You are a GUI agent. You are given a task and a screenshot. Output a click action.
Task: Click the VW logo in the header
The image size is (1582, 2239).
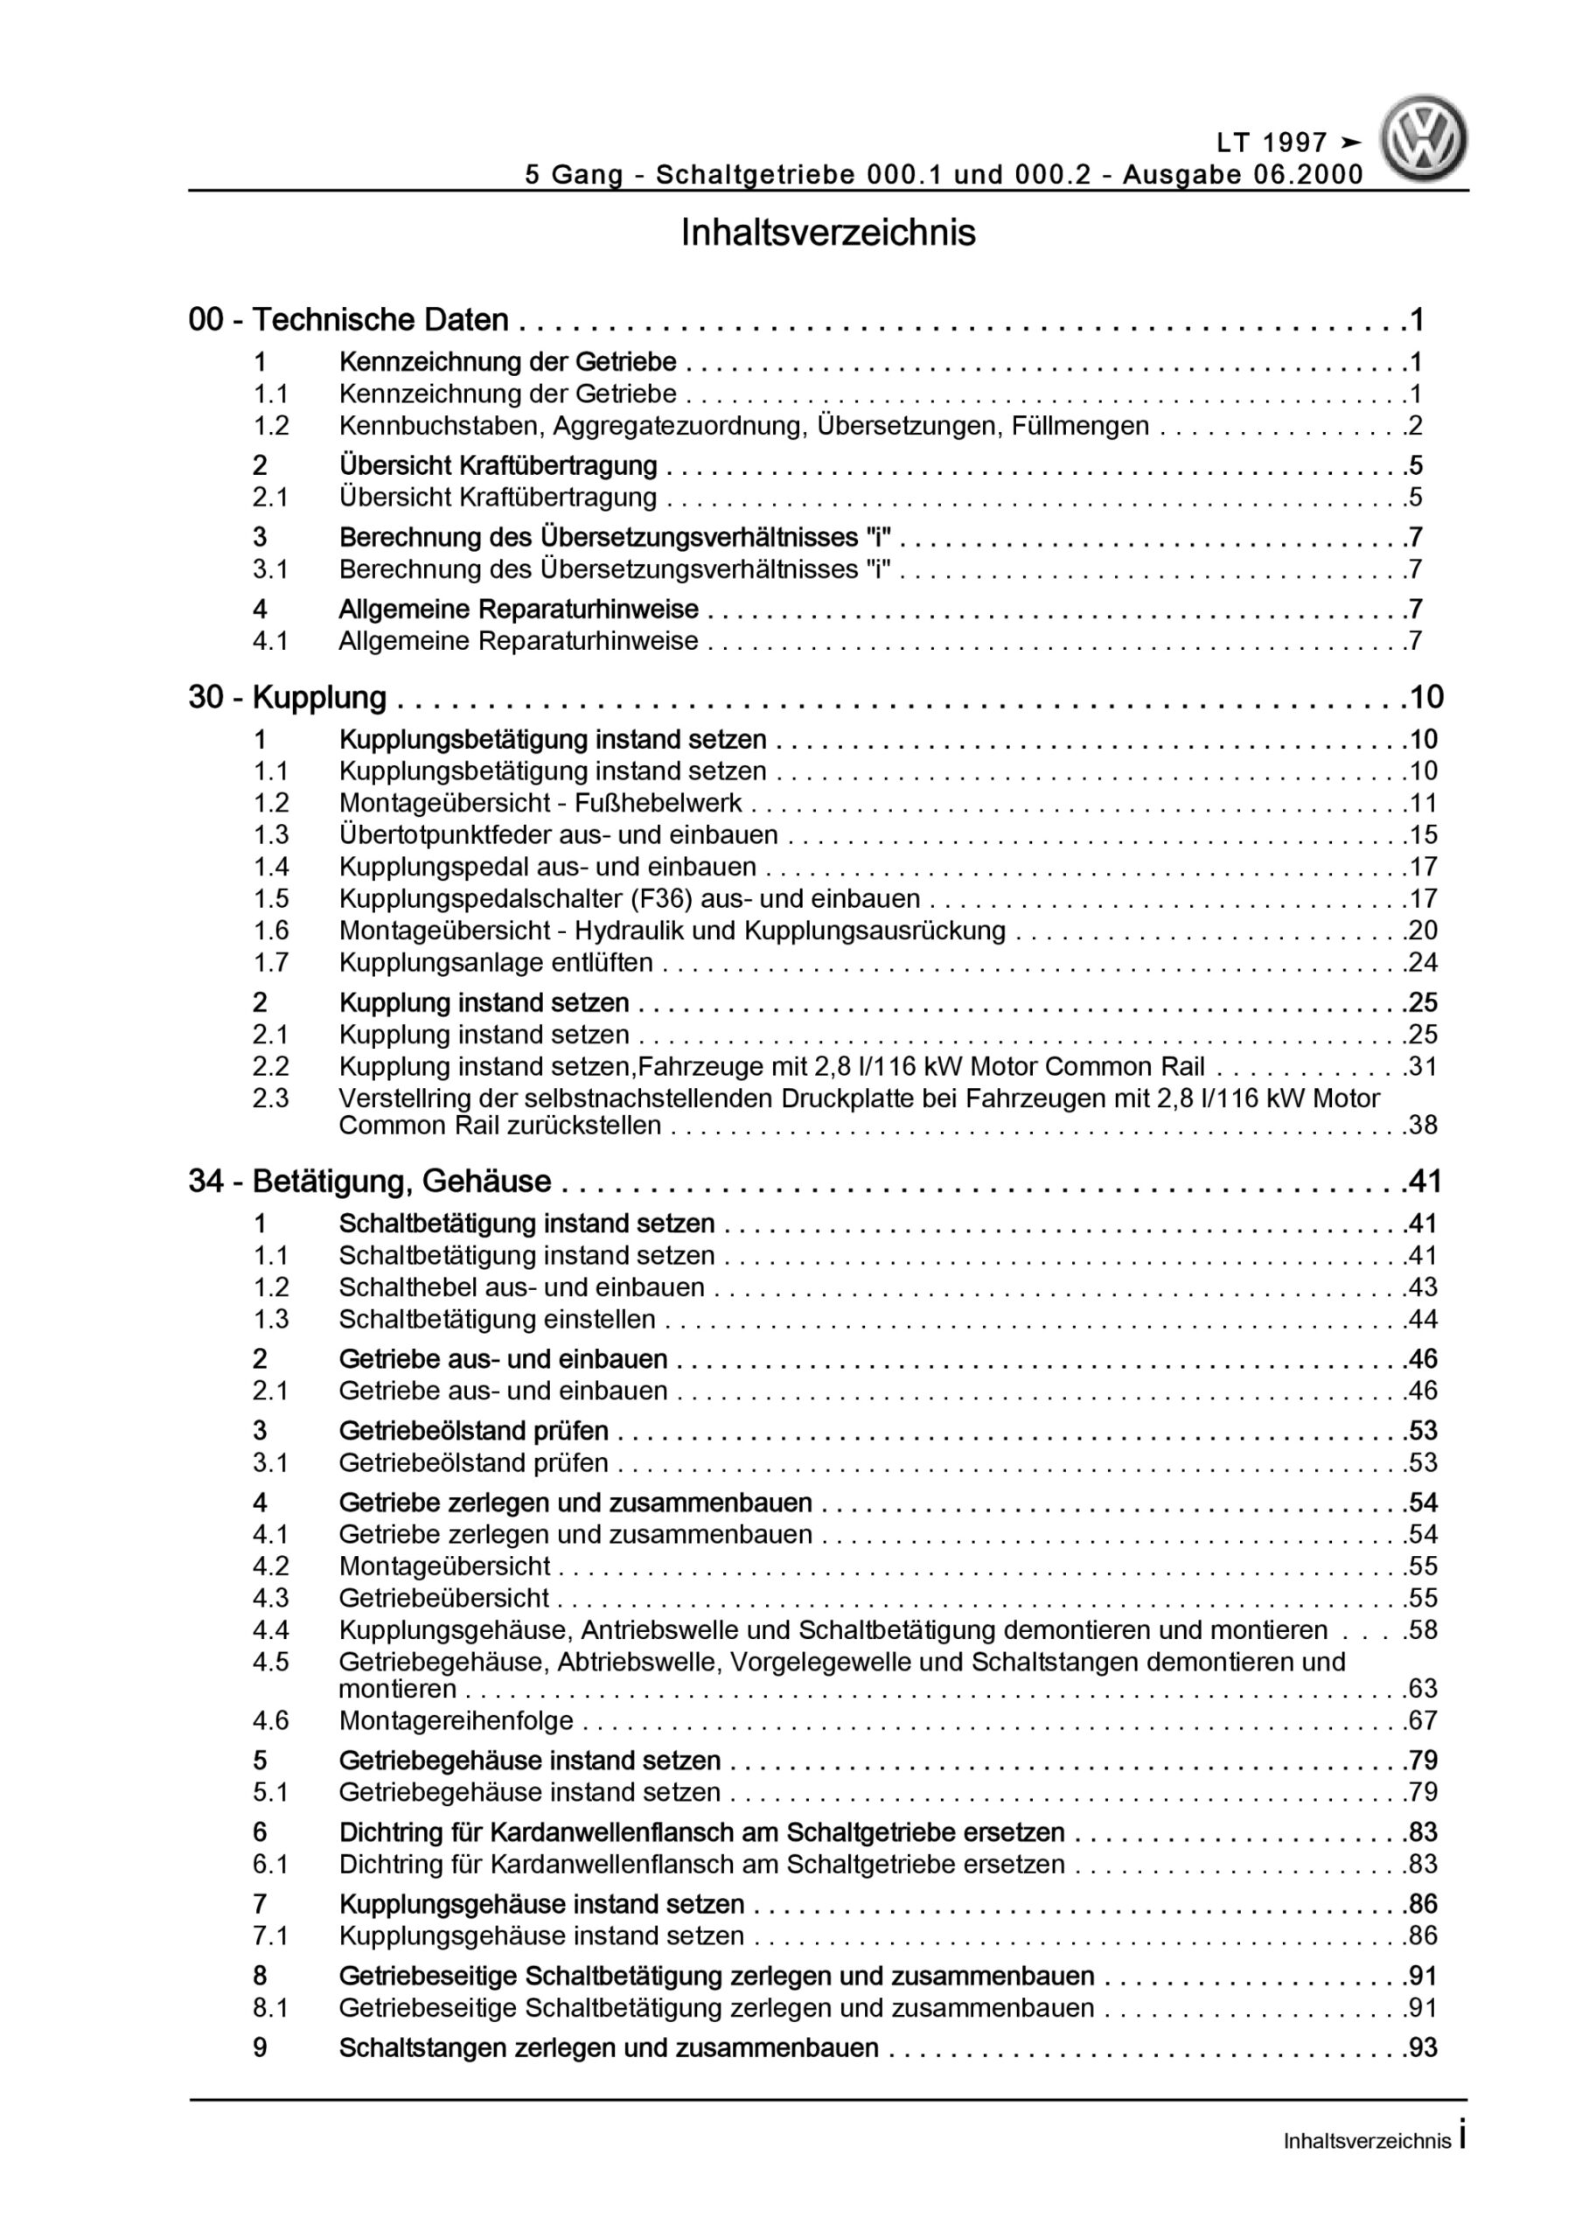(x=1423, y=138)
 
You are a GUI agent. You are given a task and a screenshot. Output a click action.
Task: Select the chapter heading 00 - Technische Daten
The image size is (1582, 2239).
(x=348, y=319)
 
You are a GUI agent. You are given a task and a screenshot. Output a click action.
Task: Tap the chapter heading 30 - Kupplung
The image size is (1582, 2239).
(x=288, y=697)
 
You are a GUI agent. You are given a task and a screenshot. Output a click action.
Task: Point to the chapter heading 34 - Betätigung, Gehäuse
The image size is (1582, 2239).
(x=370, y=1182)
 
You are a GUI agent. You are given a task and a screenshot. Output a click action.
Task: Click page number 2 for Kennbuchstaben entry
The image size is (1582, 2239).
(x=1415, y=426)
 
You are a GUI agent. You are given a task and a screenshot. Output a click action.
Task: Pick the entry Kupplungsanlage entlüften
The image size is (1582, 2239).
(x=496, y=962)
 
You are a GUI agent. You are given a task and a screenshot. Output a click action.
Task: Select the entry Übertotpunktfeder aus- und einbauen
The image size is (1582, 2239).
(x=558, y=834)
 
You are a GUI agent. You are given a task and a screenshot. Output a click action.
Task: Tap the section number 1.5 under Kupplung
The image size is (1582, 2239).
(x=271, y=898)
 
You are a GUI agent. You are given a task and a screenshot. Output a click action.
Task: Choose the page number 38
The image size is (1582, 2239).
(x=1423, y=1126)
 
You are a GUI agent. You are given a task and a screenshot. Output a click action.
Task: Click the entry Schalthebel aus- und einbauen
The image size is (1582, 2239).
(x=521, y=1287)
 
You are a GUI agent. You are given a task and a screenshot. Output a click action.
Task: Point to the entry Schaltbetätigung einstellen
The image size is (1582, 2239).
(x=497, y=1320)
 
